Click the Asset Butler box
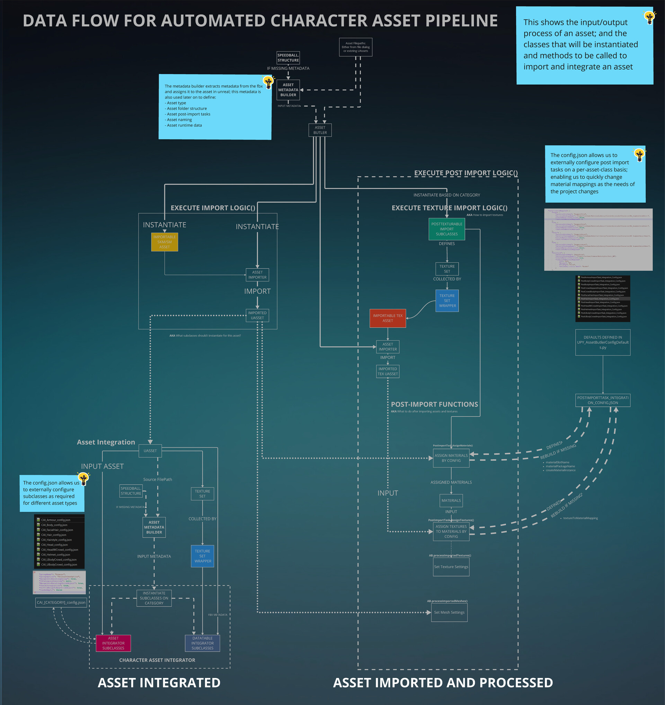(320, 130)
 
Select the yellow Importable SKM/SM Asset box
(164, 242)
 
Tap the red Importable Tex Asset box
(388, 318)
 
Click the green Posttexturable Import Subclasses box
(446, 229)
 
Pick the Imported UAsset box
(257, 315)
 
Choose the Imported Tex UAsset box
(388, 371)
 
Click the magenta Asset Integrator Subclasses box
(113, 643)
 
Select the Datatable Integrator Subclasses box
(202, 643)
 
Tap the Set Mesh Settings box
(449, 613)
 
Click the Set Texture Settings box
(451, 567)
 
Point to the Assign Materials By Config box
(451, 458)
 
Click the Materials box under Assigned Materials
(451, 500)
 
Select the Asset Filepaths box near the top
(356, 47)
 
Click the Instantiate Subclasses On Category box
(154, 598)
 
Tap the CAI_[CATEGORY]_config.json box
(61, 603)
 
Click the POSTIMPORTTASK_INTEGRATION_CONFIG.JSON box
(603, 400)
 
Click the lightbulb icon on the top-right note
(649, 17)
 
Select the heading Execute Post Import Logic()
(465, 173)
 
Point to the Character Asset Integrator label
(157, 660)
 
